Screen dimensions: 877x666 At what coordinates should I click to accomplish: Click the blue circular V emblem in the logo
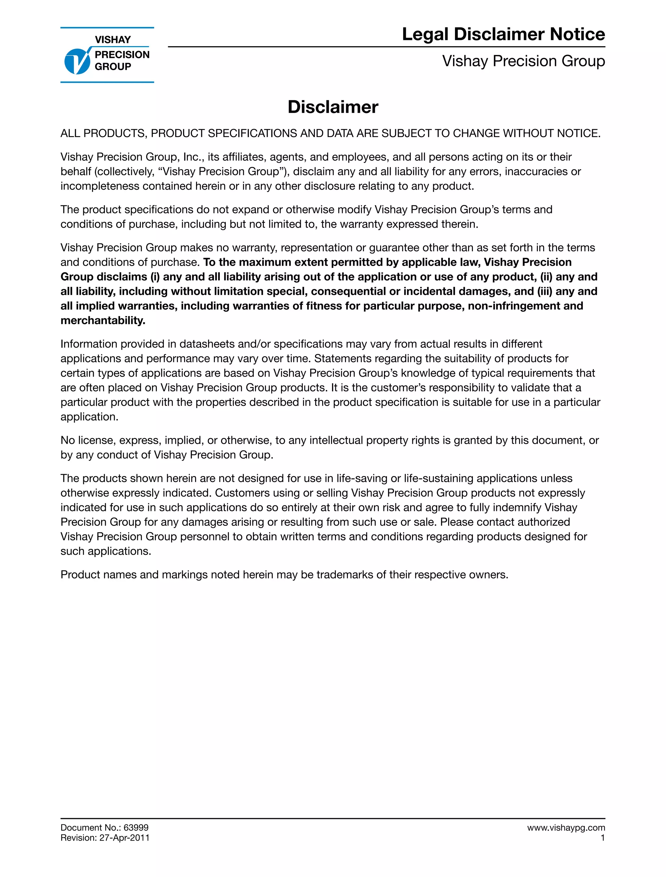(77, 61)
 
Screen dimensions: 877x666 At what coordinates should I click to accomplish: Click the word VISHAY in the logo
(113, 40)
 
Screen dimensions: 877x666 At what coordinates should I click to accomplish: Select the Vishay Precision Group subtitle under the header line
(523, 61)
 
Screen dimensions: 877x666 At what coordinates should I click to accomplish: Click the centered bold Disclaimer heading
(333, 107)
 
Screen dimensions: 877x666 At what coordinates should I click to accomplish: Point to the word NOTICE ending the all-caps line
(578, 133)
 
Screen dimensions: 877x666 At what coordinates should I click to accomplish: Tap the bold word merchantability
(102, 320)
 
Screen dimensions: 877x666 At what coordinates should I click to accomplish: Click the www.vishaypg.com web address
(566, 827)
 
